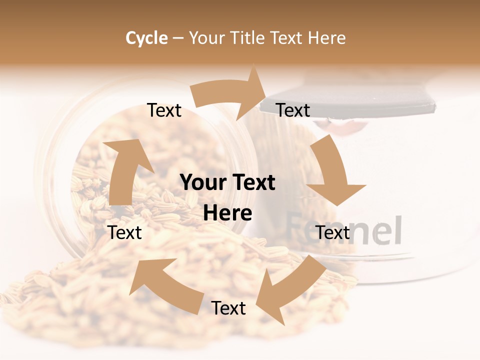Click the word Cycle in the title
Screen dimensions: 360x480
(x=146, y=38)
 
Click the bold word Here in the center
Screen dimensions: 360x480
(x=227, y=213)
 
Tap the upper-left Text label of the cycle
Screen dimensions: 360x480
(x=164, y=110)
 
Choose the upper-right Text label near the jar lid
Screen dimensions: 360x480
(x=293, y=110)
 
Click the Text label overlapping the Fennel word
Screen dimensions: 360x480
(x=333, y=232)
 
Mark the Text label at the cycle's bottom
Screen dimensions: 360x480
(x=228, y=308)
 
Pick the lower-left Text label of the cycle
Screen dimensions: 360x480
(x=125, y=232)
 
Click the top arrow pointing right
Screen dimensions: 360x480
(x=232, y=93)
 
